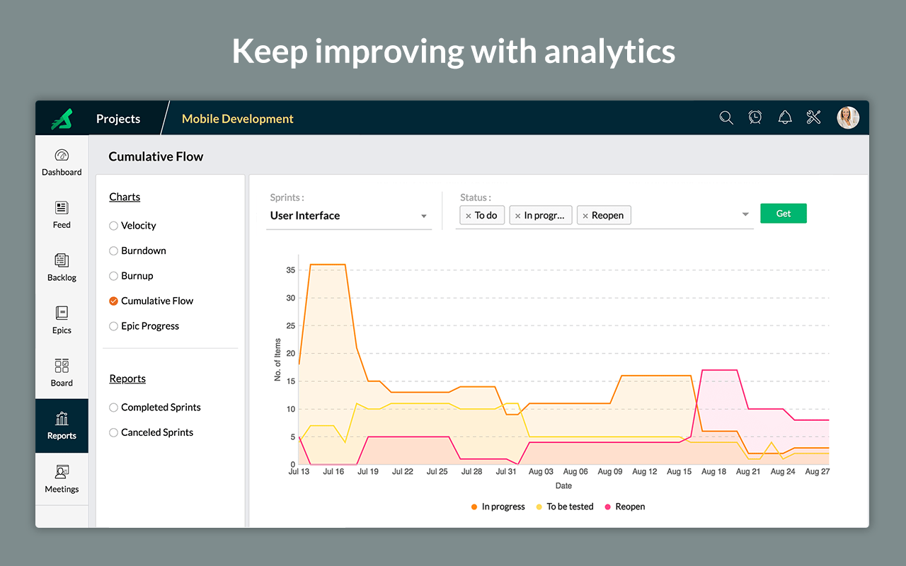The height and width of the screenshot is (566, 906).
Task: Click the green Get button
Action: point(783,214)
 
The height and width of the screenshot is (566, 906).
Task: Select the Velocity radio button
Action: point(113,226)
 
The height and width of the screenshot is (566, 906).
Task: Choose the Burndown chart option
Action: point(113,251)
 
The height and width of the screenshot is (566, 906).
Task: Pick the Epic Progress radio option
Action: point(113,326)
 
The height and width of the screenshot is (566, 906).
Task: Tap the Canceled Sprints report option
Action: point(113,433)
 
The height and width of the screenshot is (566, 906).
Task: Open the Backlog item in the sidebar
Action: point(62,267)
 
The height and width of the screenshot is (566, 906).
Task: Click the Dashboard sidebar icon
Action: point(62,161)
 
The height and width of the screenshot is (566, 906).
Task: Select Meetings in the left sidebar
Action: point(62,478)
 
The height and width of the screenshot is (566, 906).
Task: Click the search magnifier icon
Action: point(726,118)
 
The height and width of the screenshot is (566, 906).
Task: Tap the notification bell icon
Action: point(785,118)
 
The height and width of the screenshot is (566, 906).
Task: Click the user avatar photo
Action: point(848,118)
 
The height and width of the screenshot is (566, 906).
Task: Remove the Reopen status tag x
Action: point(585,216)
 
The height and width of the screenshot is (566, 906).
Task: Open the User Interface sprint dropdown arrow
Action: point(424,216)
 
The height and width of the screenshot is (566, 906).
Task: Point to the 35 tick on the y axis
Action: point(291,270)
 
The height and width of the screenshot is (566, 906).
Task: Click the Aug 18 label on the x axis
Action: point(713,472)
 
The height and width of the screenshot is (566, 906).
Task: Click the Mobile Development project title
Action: point(238,119)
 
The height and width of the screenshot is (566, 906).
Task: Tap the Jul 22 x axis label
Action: point(402,472)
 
